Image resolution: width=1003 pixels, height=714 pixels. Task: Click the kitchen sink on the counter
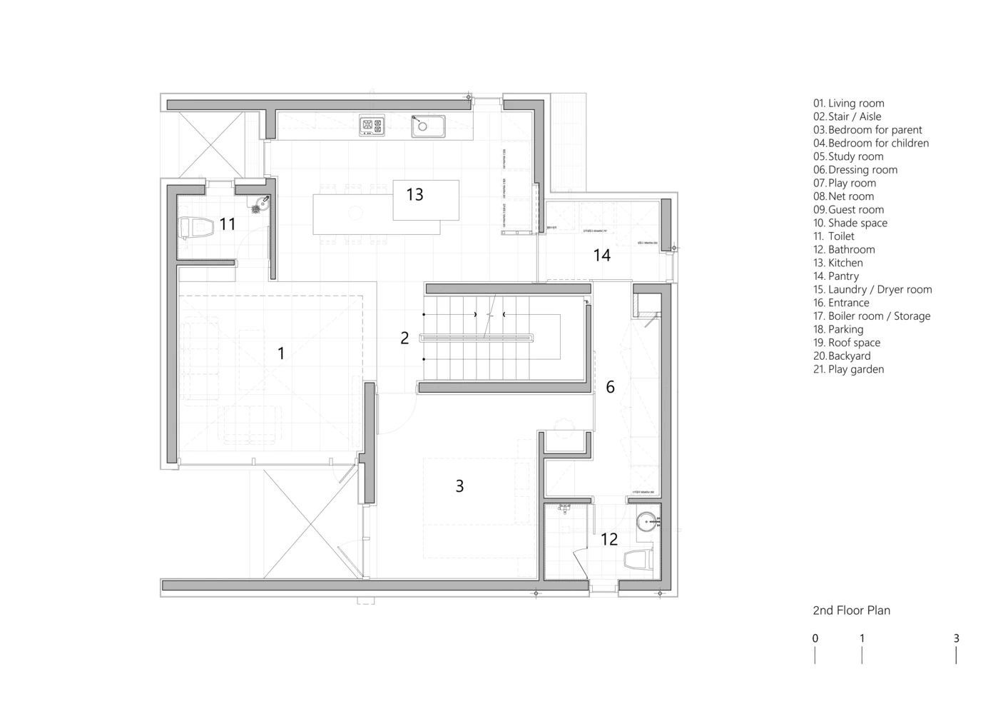pos(427,126)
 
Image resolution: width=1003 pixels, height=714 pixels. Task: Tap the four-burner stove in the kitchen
pos(372,126)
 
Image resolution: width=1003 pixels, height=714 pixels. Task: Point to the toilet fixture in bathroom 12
pos(639,558)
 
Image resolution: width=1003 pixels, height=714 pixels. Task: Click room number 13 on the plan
pos(414,194)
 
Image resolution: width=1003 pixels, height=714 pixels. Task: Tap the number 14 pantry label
pos(601,255)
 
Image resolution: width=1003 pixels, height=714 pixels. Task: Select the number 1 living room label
pos(281,353)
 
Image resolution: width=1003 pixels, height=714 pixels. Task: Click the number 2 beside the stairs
pos(404,338)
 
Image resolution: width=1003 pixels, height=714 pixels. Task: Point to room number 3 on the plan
pos(459,486)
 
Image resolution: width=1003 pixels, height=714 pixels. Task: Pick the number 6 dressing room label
pos(610,387)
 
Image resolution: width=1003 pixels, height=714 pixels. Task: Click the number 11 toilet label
pos(227,225)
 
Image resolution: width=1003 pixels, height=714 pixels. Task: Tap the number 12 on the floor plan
pos(609,539)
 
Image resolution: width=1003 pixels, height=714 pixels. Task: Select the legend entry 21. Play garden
pos(848,369)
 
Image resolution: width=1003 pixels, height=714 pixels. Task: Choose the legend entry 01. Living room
pos(848,104)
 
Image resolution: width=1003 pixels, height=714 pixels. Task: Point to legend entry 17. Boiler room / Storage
pos(871,316)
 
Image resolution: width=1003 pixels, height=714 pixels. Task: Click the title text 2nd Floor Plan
pos(851,610)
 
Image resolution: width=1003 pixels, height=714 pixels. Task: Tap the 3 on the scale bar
pos(956,639)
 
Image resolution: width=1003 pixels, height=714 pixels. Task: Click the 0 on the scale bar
pos(815,639)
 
